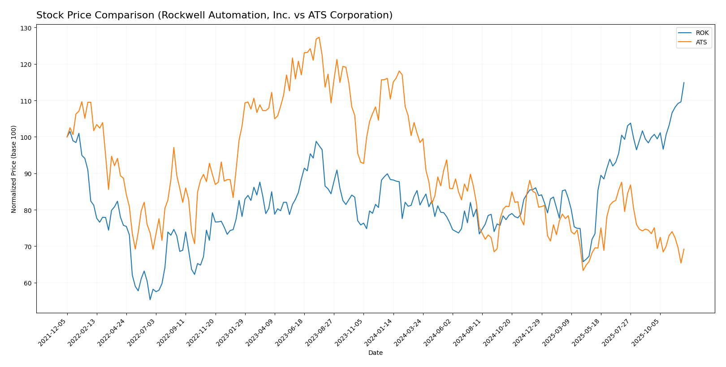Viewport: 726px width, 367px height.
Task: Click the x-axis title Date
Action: tap(375, 353)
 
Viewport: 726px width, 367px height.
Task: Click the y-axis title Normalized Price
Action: tap(14, 169)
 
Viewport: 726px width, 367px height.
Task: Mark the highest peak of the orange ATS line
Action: tap(319, 37)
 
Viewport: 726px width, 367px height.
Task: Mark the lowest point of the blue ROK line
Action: tap(150, 300)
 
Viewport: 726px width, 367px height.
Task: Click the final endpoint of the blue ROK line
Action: tap(684, 82)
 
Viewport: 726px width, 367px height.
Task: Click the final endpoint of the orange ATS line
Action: tap(684, 249)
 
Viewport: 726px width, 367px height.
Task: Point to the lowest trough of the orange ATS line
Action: tap(583, 270)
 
